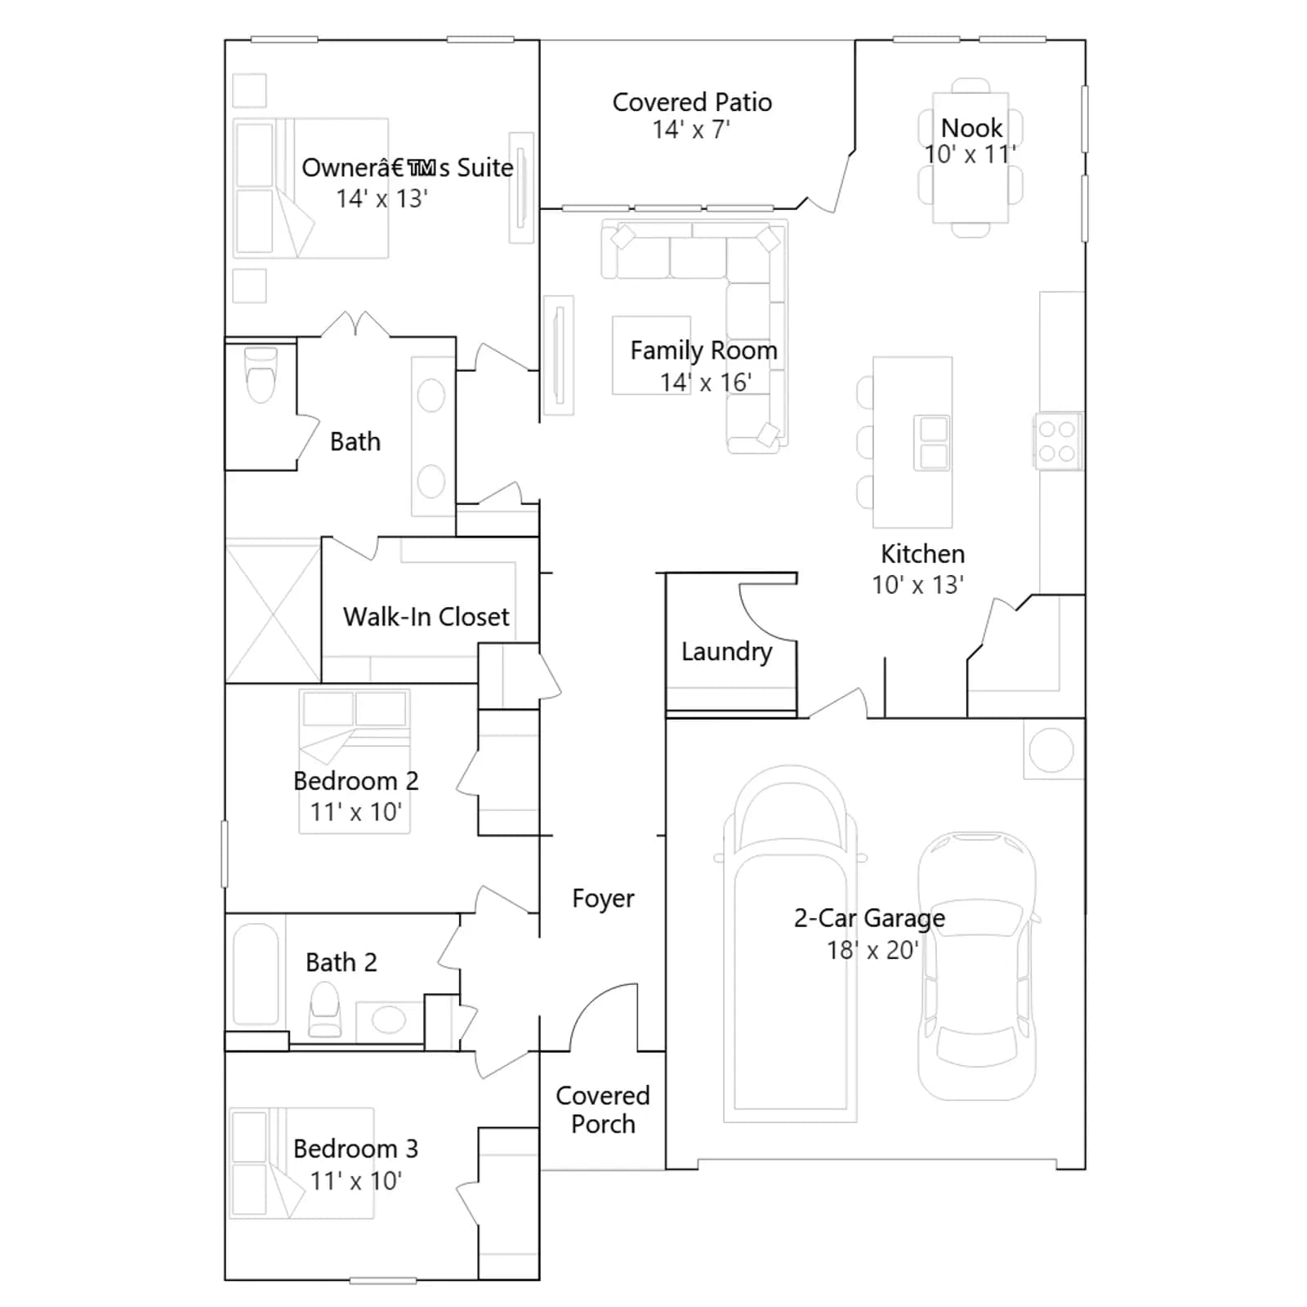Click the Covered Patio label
click(x=692, y=102)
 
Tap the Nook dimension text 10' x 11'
click(x=970, y=154)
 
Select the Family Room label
click(x=703, y=350)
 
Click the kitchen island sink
click(x=933, y=442)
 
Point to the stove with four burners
click(x=1058, y=440)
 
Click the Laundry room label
click(x=726, y=652)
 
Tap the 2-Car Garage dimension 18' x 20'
click(x=872, y=950)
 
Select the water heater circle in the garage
click(x=1051, y=749)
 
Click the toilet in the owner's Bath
click(x=261, y=375)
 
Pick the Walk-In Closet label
click(x=426, y=617)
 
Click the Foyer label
click(x=603, y=899)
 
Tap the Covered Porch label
click(x=603, y=1109)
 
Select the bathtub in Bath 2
click(x=256, y=975)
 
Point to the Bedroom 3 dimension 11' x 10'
click(x=355, y=1180)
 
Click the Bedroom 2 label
click(x=355, y=781)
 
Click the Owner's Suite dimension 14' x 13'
click(x=381, y=199)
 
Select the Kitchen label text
click(x=922, y=554)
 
